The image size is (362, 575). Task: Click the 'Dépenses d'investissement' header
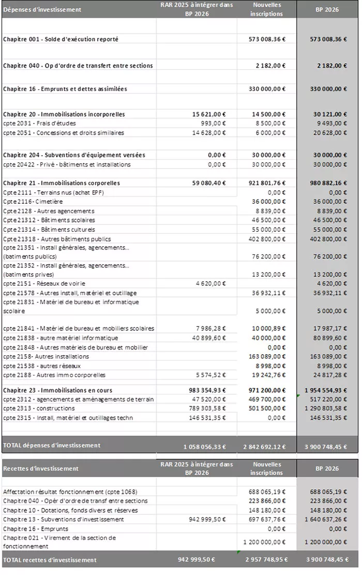(x=42, y=10)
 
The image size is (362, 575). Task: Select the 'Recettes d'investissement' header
(x=41, y=468)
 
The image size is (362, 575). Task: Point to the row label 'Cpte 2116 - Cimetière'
(x=33, y=202)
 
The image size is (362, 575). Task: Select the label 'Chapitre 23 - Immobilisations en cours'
(x=57, y=390)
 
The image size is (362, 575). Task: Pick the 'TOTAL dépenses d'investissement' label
(x=52, y=445)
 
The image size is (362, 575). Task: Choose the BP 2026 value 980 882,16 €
(x=326, y=183)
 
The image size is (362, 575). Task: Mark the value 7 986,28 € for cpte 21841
(x=213, y=328)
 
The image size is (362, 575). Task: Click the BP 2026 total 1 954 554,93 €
(x=324, y=390)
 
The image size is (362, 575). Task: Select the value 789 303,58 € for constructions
(x=209, y=408)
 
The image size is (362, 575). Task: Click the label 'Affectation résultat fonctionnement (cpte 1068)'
(x=70, y=491)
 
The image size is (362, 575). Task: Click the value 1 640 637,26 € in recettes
(x=324, y=519)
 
